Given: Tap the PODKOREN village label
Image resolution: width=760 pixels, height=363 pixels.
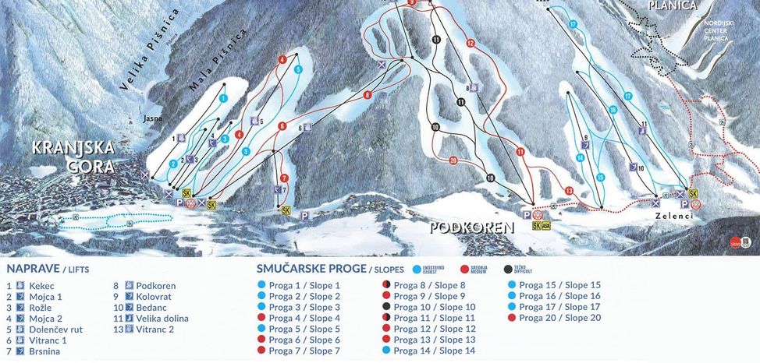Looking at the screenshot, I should [x=471, y=227].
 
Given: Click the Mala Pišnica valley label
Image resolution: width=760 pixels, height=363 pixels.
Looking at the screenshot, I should [x=218, y=62].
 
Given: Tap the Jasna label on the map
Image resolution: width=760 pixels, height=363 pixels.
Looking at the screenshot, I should [x=153, y=119].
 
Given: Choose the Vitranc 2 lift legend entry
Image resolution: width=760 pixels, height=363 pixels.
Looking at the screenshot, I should [x=157, y=330].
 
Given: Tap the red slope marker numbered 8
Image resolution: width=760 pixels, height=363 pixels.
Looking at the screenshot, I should [x=367, y=95].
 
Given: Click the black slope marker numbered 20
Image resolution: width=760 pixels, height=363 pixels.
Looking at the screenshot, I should [x=453, y=160].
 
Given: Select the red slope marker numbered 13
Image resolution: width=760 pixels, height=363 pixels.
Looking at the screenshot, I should [x=569, y=191].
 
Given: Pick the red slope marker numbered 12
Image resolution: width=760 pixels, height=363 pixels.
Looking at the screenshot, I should [x=470, y=44].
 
